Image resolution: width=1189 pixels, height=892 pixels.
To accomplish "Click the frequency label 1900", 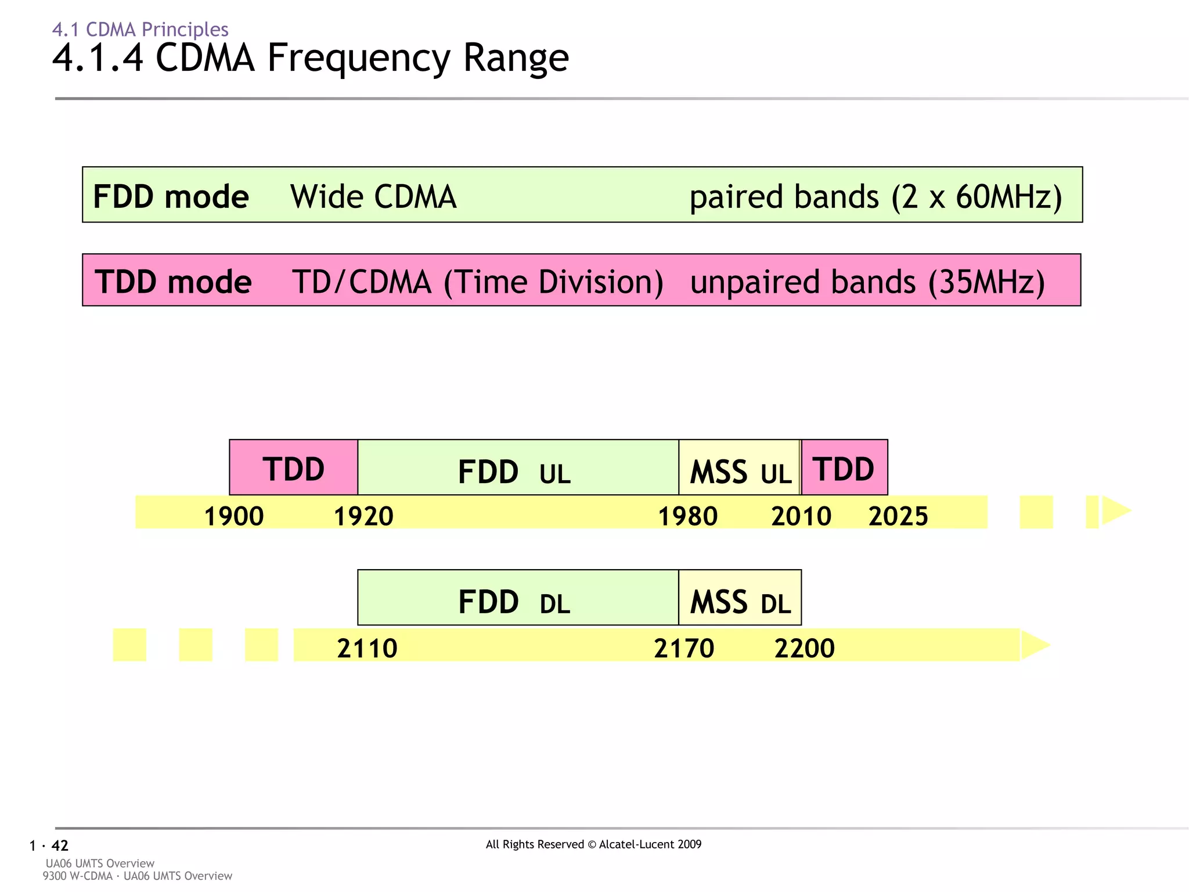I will [x=234, y=516].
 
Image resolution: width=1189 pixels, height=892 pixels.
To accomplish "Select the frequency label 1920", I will [x=363, y=516].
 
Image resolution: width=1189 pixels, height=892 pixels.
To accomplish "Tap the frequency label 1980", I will [x=687, y=516].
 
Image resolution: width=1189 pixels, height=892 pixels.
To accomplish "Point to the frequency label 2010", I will [x=801, y=516].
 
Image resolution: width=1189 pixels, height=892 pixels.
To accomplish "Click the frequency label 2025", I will [x=898, y=516].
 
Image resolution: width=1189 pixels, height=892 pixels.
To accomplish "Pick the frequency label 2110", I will [x=367, y=648].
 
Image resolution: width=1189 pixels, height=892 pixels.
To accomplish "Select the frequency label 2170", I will [x=684, y=648].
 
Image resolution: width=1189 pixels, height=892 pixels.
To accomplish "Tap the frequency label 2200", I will [x=805, y=648].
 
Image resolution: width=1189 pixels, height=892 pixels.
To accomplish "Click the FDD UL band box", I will [x=518, y=468].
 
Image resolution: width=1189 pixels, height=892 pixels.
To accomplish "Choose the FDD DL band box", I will [x=518, y=598].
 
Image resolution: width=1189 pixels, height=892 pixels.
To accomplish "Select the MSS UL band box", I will [x=739, y=468].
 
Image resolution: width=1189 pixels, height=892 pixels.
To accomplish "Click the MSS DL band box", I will [x=740, y=598].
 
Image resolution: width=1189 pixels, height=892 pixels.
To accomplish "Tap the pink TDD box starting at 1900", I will [x=293, y=467].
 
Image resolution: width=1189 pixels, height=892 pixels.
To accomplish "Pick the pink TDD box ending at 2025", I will [x=844, y=467].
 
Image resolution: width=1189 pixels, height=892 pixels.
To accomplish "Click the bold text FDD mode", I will [x=171, y=196].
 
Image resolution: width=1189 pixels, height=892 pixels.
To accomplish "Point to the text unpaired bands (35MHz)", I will [x=867, y=282].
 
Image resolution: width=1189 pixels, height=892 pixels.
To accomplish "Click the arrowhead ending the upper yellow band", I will [x=1116, y=510].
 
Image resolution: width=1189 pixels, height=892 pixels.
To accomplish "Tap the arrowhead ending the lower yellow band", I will [x=1035, y=645].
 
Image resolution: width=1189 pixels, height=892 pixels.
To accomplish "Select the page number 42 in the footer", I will [x=60, y=846].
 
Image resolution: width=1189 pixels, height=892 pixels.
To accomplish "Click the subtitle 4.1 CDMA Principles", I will [x=140, y=29].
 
